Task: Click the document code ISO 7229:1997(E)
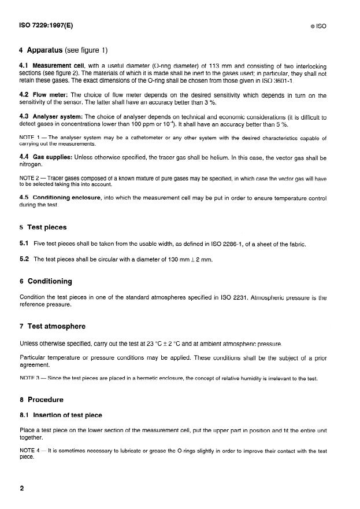(46, 25)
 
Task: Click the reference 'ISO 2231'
(233, 298)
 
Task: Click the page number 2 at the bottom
(22, 488)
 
